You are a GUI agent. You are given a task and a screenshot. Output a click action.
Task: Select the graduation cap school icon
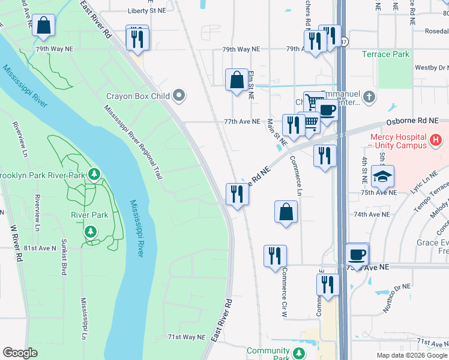tap(382, 176)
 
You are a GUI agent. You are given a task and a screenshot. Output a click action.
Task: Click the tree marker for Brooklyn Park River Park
tap(94, 175)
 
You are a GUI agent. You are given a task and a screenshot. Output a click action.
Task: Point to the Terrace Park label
tap(385, 55)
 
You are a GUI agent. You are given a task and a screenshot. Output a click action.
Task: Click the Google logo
tap(20, 353)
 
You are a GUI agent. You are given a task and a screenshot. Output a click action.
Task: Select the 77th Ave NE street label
tap(242, 121)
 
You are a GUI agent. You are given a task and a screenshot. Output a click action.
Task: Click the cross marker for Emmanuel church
tap(370, 96)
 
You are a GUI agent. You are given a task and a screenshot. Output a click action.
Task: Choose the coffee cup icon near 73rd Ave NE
tap(357, 254)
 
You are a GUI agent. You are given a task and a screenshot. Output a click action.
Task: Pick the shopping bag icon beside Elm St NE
tap(237, 80)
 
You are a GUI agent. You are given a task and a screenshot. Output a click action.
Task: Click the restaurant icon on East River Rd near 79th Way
tap(137, 37)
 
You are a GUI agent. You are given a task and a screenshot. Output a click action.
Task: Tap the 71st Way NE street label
tap(186, 337)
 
